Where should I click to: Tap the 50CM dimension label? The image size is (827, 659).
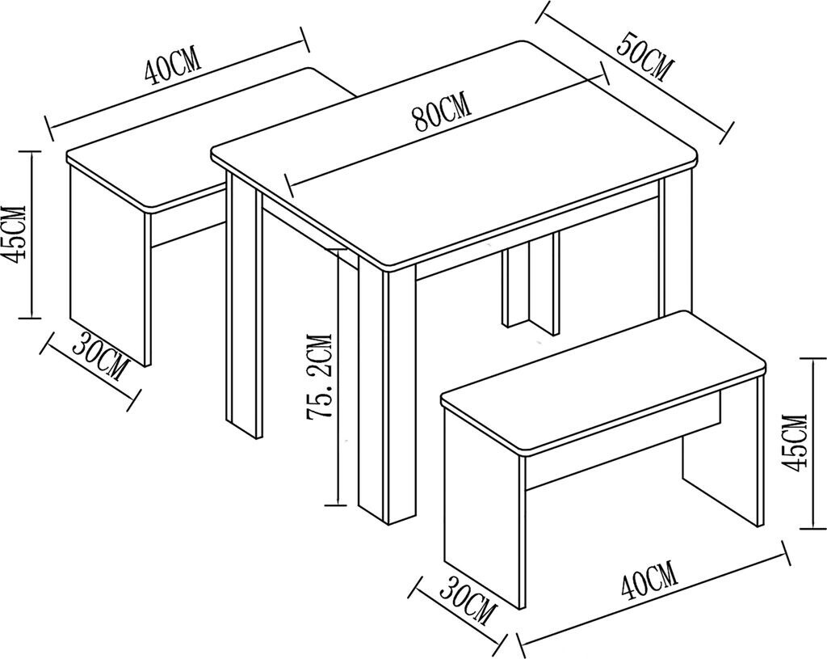click(645, 57)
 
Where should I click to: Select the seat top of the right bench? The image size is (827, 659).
click(602, 381)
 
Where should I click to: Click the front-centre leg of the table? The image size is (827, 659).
click(386, 396)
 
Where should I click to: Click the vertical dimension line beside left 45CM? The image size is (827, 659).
click(31, 234)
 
